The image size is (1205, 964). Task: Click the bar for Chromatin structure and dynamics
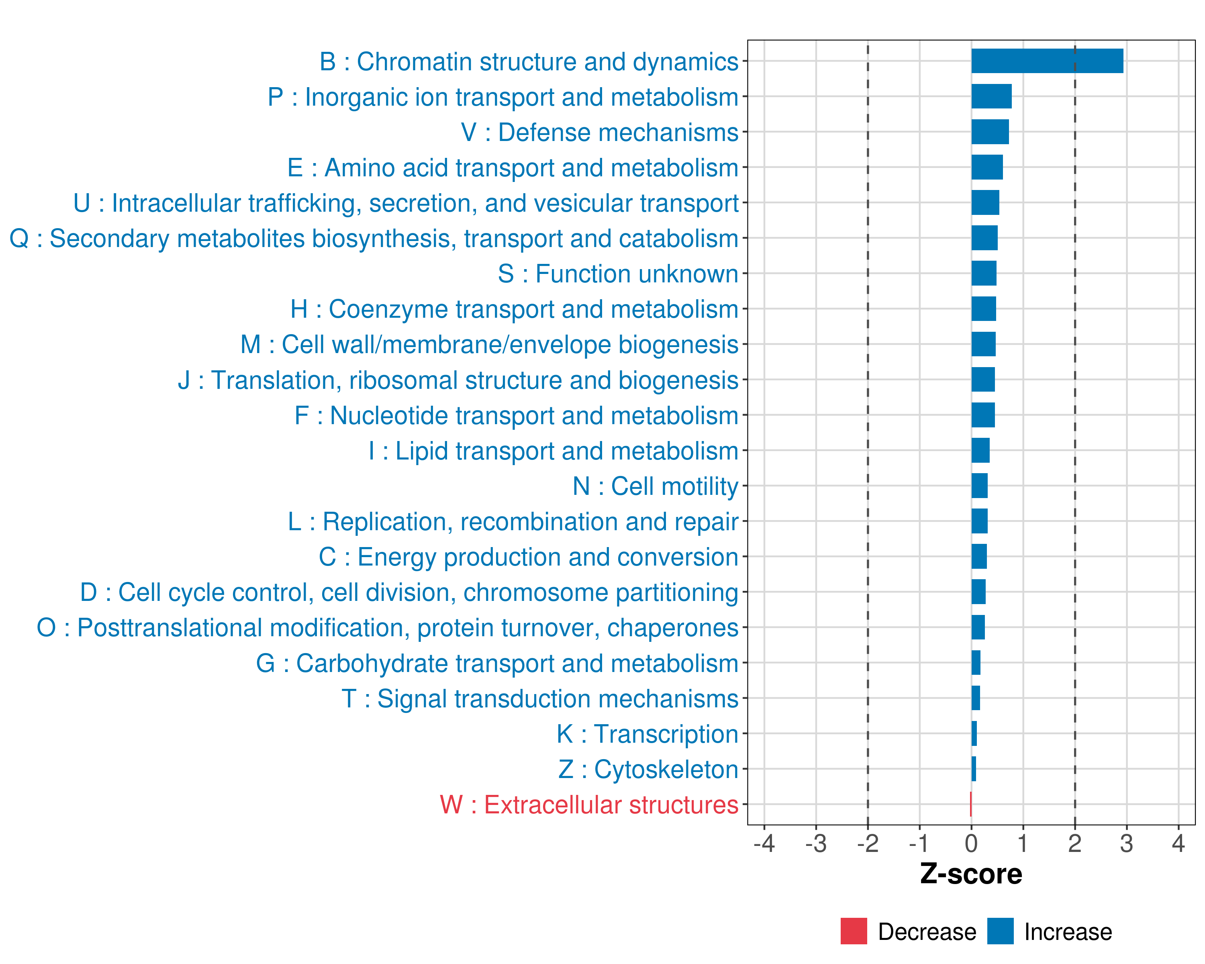click(1047, 61)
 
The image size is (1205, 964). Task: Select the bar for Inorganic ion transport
click(991, 96)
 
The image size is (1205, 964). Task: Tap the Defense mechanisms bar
click(990, 132)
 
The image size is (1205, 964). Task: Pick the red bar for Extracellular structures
click(971, 804)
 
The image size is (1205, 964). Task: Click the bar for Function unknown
click(984, 273)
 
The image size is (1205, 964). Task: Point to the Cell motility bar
click(979, 486)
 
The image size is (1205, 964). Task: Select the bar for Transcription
click(974, 733)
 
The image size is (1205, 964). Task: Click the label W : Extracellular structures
click(589, 805)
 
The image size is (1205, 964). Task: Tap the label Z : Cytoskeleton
click(648, 769)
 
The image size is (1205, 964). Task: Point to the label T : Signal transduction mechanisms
click(540, 698)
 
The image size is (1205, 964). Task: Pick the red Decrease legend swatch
click(854, 931)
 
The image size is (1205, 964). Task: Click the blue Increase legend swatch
click(1000, 931)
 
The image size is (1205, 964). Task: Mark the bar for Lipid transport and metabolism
click(980, 450)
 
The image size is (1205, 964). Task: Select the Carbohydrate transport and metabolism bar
click(976, 663)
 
